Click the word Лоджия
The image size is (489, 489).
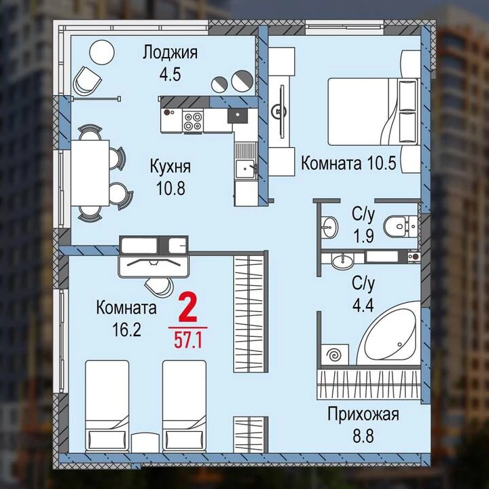170,52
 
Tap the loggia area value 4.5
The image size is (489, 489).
170,74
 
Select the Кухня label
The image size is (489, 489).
170,166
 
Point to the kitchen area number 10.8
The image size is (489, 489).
170,188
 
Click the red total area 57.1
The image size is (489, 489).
188,340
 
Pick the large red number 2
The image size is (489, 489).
188,308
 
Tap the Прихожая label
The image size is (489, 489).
363,415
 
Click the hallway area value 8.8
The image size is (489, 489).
363,436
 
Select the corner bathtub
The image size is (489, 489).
390,333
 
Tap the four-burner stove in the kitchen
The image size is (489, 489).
192,121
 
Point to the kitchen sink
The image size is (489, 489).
245,169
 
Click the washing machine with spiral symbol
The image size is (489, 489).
336,355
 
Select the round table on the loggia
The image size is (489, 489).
102,52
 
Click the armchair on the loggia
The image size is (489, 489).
87,80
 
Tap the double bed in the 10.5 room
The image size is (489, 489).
373,111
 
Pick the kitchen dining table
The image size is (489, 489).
90,173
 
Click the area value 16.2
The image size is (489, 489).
126,330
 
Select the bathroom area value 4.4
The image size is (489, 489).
363,306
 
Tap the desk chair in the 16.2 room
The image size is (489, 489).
159,287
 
